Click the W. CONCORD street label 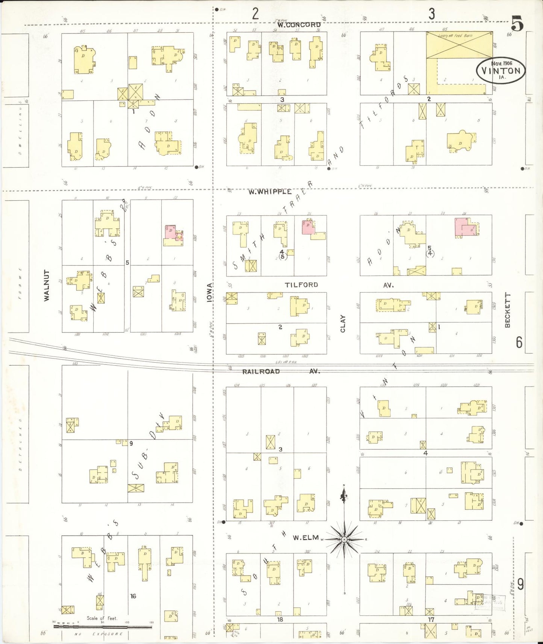[299, 25]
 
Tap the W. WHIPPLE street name [270, 192]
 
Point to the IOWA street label [209, 293]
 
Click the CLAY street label [343, 324]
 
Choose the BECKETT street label [508, 310]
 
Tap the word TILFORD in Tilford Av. [301, 285]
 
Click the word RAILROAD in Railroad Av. [261, 372]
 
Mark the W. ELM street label [306, 538]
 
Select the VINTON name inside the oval [501, 71]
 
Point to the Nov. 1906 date [502, 63]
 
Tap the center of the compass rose [344, 540]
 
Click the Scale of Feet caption [102, 618]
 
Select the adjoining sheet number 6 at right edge [519, 342]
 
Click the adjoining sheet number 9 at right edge [520, 584]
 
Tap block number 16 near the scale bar [133, 596]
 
